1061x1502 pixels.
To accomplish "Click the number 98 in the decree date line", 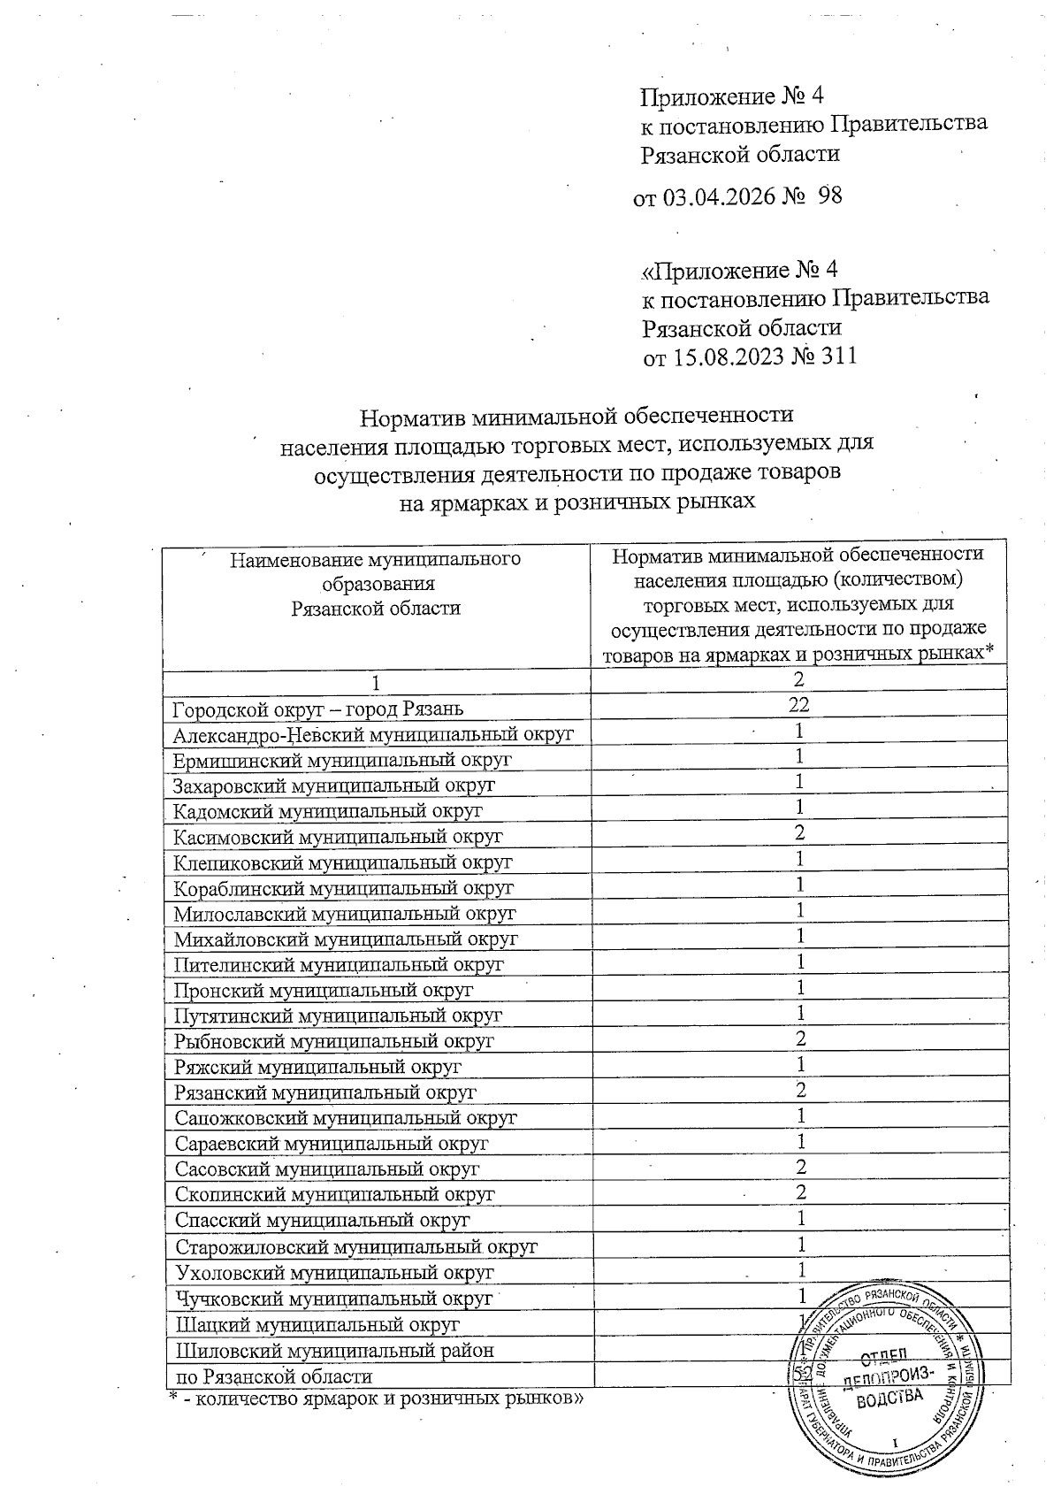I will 829,195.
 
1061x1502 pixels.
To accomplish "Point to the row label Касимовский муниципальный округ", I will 338,836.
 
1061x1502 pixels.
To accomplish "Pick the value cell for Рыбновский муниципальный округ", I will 800,1039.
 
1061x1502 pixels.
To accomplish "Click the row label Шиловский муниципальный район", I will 334,1351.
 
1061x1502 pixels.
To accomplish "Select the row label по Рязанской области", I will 274,1376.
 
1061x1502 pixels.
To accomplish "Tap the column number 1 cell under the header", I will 378,682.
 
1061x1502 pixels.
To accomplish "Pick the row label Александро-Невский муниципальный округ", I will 373,733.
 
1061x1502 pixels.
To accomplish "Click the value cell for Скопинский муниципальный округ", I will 800,1192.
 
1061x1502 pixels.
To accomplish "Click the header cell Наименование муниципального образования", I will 376,583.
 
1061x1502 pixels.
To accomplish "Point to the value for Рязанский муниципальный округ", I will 800,1090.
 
